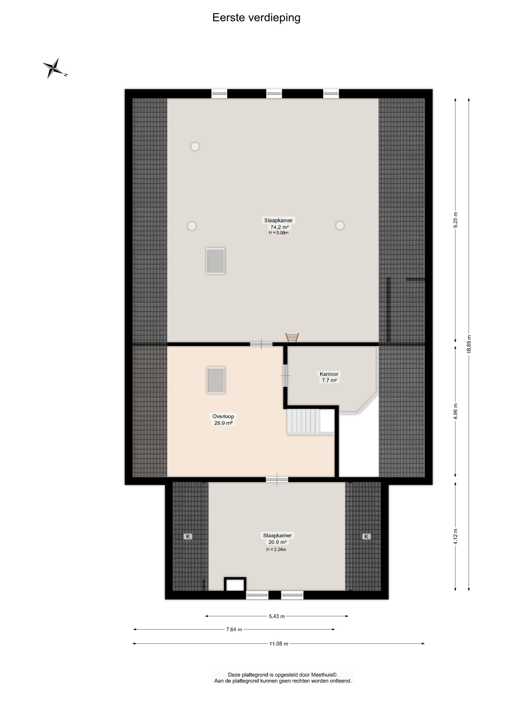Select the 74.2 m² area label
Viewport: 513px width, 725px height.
pyautogui.click(x=279, y=227)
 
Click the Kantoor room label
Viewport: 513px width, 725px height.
pyautogui.click(x=329, y=374)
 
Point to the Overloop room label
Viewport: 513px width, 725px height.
pyautogui.click(x=223, y=416)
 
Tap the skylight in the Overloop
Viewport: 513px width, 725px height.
pyautogui.click(x=216, y=380)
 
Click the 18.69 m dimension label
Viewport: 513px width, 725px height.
pyautogui.click(x=469, y=344)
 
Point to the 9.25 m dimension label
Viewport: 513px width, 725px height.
pyautogui.click(x=455, y=220)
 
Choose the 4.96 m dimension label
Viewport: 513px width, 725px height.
pyautogui.click(x=455, y=412)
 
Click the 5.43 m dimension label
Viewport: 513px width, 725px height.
pyautogui.click(x=277, y=616)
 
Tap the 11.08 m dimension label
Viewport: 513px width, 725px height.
pyautogui.click(x=278, y=644)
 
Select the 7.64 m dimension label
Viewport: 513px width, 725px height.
pyautogui.click(x=234, y=630)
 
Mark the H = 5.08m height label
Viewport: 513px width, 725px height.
pyautogui.click(x=278, y=233)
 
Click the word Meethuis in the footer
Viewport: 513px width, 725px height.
pyautogui.click(x=322, y=675)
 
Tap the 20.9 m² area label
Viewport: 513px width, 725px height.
pyautogui.click(x=277, y=542)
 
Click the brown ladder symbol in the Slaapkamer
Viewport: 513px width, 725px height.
pyautogui.click(x=292, y=337)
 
